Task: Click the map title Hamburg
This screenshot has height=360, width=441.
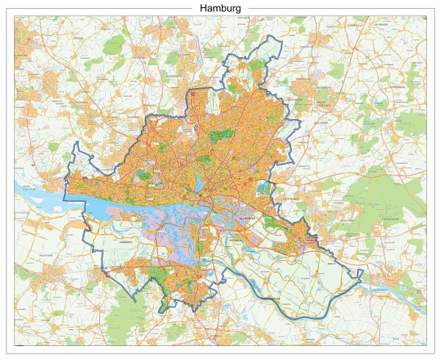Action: [x=220, y=8]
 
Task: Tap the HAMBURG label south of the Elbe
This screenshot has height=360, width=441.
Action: [x=123, y=240]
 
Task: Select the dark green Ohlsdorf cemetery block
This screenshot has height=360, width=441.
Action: [x=223, y=135]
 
